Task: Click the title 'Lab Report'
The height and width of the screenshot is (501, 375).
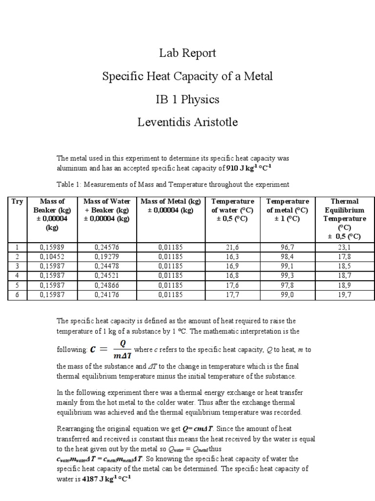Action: pyautogui.click(x=187, y=53)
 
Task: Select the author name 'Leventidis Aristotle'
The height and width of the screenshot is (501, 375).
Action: pyautogui.click(x=187, y=122)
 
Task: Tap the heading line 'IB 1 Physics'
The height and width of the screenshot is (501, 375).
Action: pyautogui.click(x=187, y=99)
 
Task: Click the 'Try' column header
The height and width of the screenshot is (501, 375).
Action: pyautogui.click(x=18, y=201)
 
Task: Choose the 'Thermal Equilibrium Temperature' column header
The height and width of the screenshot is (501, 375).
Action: pyautogui.click(x=344, y=219)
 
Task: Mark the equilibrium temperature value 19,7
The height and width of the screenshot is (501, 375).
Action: pyautogui.click(x=344, y=295)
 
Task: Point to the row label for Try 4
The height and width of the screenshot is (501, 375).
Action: pyautogui.click(x=18, y=275)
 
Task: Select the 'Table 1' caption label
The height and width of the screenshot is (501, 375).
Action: pyautogui.click(x=70, y=184)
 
